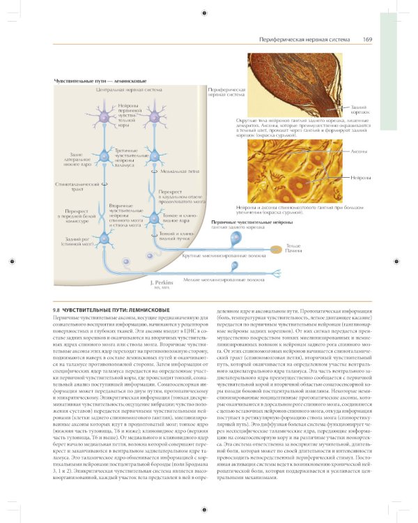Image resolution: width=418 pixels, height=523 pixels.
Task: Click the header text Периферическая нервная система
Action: [x=303, y=40]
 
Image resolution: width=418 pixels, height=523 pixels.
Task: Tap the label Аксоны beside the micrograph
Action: [x=359, y=151]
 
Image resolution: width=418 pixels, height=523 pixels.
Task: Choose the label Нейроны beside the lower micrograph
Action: [x=359, y=179]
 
